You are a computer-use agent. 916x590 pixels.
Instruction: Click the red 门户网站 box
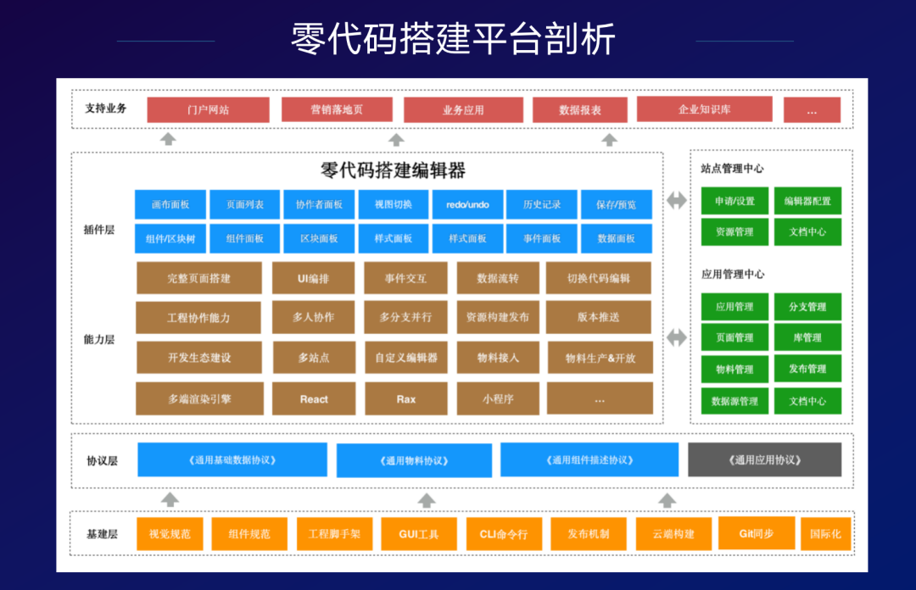(x=208, y=109)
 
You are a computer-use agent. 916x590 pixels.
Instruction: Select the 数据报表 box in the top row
(x=580, y=109)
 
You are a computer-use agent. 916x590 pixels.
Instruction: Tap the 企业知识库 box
(x=704, y=109)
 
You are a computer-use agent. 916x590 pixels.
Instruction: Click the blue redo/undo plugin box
(x=467, y=204)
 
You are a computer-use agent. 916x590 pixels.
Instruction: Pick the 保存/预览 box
(x=616, y=204)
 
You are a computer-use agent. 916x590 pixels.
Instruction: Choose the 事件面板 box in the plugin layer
(x=542, y=238)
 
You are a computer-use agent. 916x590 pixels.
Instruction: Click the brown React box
(x=314, y=398)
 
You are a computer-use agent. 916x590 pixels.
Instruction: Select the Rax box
(x=405, y=398)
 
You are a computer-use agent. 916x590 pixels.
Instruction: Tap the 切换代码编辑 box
(x=599, y=278)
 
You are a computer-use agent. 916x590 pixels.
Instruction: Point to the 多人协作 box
(x=314, y=317)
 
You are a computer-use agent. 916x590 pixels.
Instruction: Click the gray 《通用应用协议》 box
(x=764, y=459)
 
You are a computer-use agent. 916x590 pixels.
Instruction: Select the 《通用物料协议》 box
(x=414, y=460)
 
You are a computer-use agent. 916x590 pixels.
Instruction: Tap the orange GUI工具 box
(x=419, y=534)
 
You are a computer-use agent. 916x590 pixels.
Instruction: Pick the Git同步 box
(x=757, y=533)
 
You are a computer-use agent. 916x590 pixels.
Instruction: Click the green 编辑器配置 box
(x=807, y=201)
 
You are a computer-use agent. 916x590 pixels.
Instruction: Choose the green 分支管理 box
(x=807, y=306)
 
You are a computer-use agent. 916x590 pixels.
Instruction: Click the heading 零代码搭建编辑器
(x=394, y=170)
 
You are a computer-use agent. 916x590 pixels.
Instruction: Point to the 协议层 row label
(x=102, y=460)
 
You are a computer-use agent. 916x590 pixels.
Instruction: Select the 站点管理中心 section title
(x=733, y=169)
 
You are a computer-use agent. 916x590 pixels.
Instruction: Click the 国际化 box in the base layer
(x=825, y=534)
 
